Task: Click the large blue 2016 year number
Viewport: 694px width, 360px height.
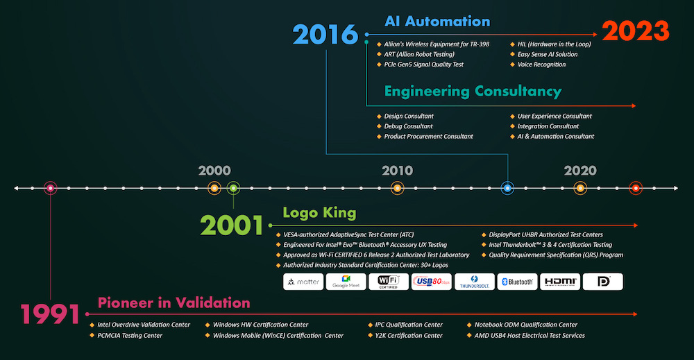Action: pos(325,35)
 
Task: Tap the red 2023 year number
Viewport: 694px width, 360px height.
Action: pos(636,31)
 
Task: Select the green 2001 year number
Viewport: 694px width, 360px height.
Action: pos(232,225)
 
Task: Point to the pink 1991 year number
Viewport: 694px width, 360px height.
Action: pos(50,314)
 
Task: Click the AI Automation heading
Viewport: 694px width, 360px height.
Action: pos(437,22)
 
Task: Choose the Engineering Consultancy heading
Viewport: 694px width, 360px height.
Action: pos(473,91)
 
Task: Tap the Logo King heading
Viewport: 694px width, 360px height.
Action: pos(319,213)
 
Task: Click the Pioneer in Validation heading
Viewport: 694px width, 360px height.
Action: pos(173,303)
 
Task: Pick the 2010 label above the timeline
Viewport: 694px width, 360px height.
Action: pos(397,171)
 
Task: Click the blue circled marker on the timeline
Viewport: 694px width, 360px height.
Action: pos(507,188)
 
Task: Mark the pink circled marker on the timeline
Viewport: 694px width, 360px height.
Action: pos(51,188)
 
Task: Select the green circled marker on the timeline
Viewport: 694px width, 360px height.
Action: pos(233,188)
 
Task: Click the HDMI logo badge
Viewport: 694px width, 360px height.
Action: pos(560,282)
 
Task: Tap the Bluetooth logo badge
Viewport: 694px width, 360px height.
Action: pos(517,282)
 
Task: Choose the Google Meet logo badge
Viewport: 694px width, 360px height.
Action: pos(346,282)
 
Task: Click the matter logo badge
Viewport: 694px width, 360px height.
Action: pos(303,282)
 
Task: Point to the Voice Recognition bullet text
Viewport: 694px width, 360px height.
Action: pos(541,65)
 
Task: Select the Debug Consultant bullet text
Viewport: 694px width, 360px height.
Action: pos(408,126)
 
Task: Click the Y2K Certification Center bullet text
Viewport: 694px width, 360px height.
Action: pos(409,336)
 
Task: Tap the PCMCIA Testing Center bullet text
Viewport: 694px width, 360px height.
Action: pos(130,336)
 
